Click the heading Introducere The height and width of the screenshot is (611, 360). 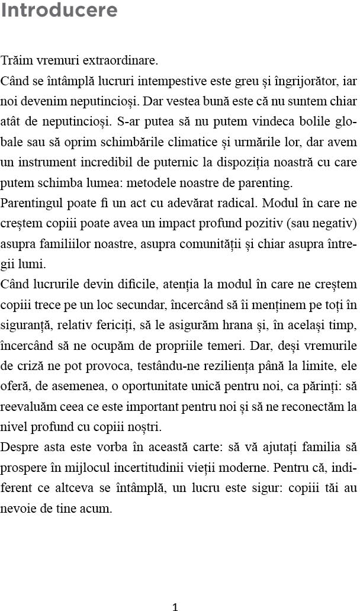click(59, 10)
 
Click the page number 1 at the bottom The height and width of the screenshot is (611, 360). click(175, 606)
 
